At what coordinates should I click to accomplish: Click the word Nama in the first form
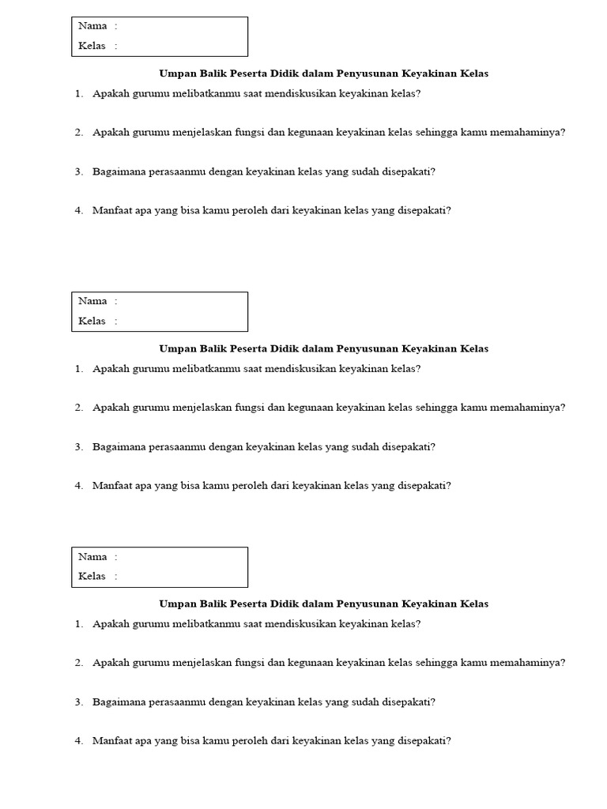(92, 26)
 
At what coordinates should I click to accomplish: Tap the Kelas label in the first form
(92, 46)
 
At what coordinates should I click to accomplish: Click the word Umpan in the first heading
(177, 73)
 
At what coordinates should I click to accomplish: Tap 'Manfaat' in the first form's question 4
(112, 210)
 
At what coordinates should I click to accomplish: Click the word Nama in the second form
(92, 301)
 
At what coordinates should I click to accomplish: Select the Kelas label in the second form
(92, 321)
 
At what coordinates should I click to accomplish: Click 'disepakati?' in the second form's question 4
(424, 485)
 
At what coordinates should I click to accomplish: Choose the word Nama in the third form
(92, 556)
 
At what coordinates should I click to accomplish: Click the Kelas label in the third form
(92, 576)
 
